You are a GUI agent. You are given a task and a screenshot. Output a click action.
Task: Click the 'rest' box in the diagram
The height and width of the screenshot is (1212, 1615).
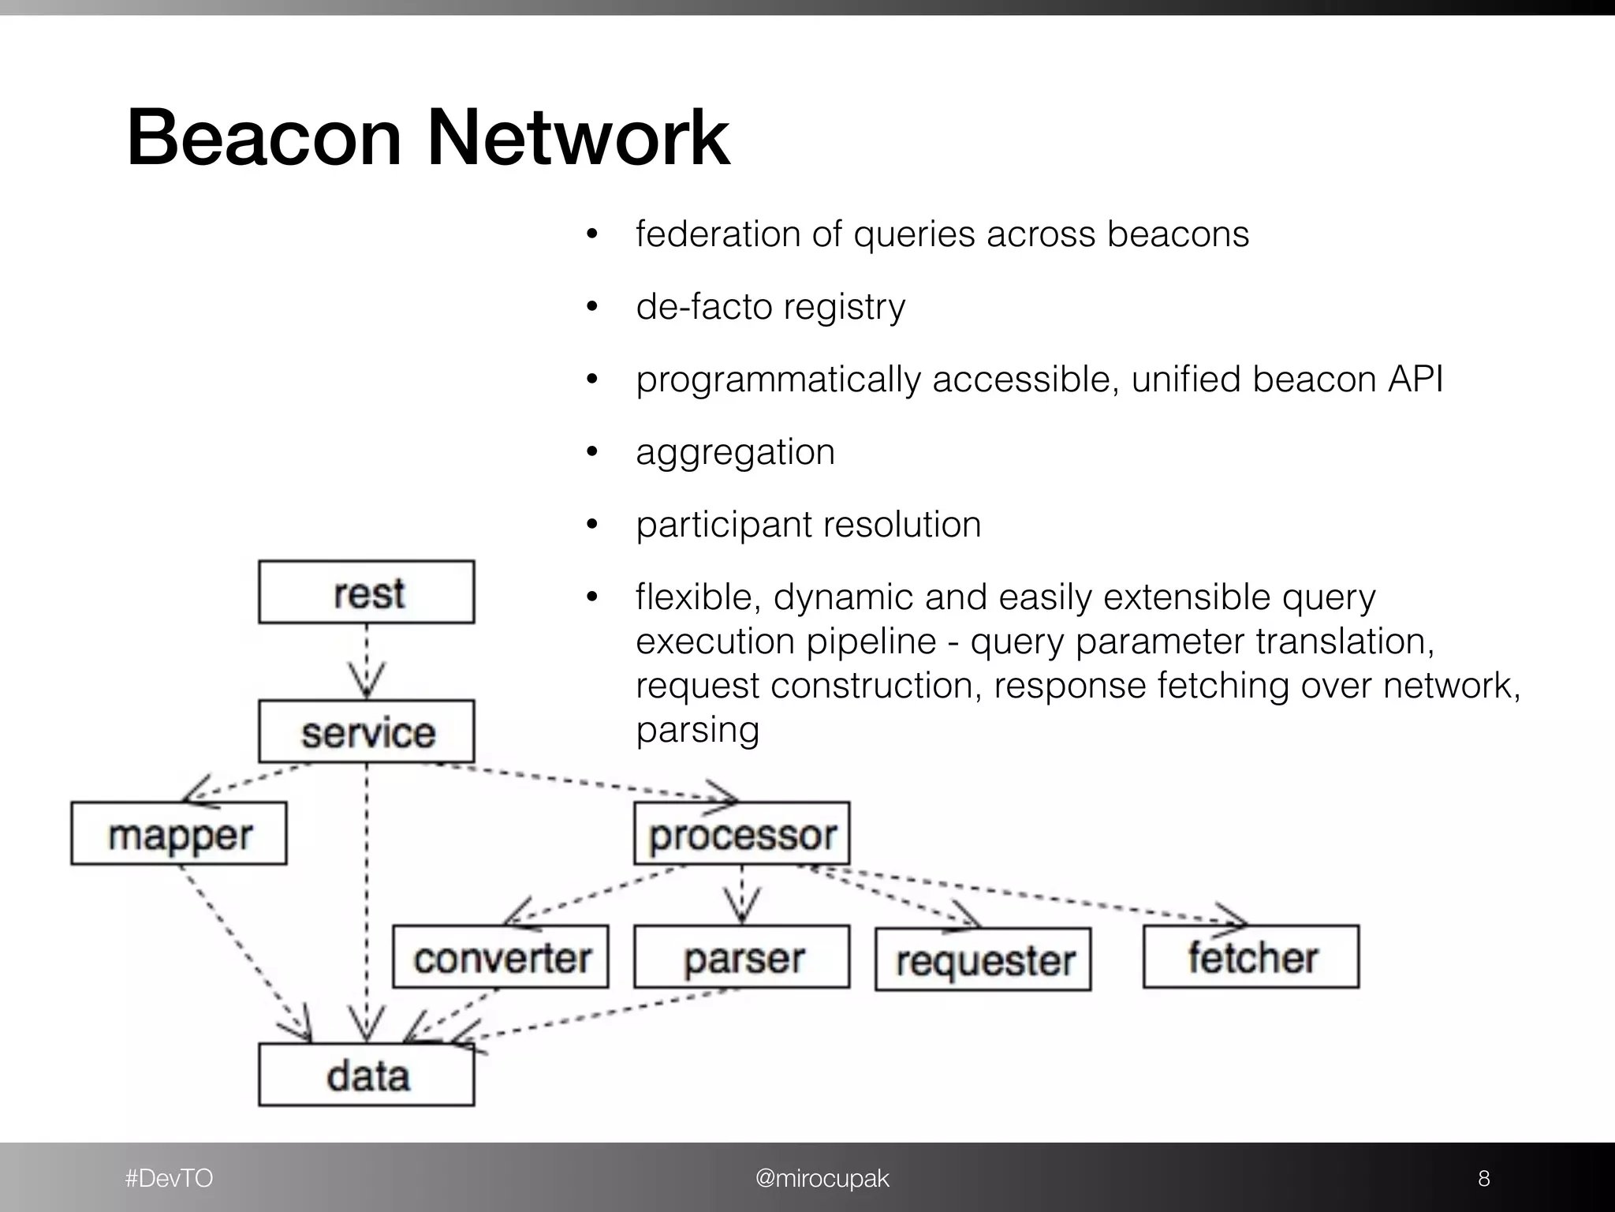pos(367,593)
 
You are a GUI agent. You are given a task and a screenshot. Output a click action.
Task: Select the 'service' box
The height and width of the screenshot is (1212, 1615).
pos(367,731)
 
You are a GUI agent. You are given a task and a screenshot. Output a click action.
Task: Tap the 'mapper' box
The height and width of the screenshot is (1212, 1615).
pos(179,834)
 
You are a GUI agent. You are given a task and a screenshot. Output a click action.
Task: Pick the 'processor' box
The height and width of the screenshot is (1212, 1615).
pos(742,834)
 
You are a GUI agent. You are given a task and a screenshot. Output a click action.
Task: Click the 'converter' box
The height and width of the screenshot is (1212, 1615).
pos(501,957)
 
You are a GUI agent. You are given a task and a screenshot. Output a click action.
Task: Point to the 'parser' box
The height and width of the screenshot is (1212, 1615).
pos(742,957)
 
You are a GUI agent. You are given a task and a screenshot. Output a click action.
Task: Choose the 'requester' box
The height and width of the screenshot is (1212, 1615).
pos(983,959)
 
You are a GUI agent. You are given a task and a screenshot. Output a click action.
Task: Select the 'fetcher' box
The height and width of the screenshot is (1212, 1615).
pos(1251,957)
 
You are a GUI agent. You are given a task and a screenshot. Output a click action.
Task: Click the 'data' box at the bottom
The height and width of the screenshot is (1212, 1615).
pos(367,1075)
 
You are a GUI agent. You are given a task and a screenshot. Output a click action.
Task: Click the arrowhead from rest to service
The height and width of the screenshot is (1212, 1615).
pos(367,680)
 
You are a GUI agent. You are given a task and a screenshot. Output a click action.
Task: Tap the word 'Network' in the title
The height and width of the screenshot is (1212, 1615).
pos(578,138)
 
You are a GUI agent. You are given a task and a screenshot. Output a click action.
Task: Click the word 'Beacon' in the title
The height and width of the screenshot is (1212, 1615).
pos(264,138)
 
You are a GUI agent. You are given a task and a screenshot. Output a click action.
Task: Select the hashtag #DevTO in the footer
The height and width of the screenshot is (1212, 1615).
pos(169,1178)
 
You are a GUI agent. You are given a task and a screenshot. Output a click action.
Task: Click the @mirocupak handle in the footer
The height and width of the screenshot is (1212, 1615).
pos(822,1178)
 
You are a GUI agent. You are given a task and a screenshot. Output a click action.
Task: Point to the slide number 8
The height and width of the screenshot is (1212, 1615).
pos(1483,1178)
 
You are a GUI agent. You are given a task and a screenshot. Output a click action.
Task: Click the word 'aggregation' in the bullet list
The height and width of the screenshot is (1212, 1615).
pos(735,453)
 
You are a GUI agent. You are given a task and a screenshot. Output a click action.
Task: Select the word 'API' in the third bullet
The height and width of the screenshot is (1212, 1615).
pos(1415,379)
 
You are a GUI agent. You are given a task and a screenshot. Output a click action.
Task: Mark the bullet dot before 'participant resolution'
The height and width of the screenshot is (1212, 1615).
pos(593,525)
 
